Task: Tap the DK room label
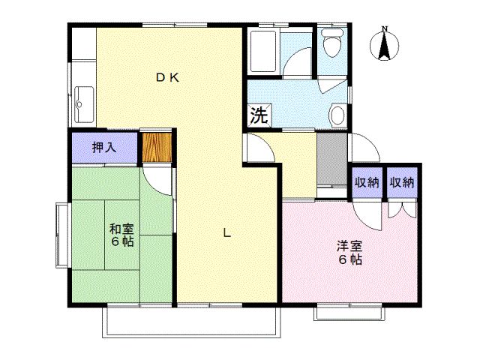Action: tap(166, 76)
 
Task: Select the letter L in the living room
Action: tap(226, 232)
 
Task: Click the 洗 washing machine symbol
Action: tap(258, 116)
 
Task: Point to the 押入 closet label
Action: tap(104, 147)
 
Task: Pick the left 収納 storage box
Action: tap(367, 182)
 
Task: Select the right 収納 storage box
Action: tap(402, 182)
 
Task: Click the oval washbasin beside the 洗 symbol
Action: tap(337, 115)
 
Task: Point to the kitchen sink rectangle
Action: tap(83, 98)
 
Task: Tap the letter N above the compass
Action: tap(385, 29)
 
